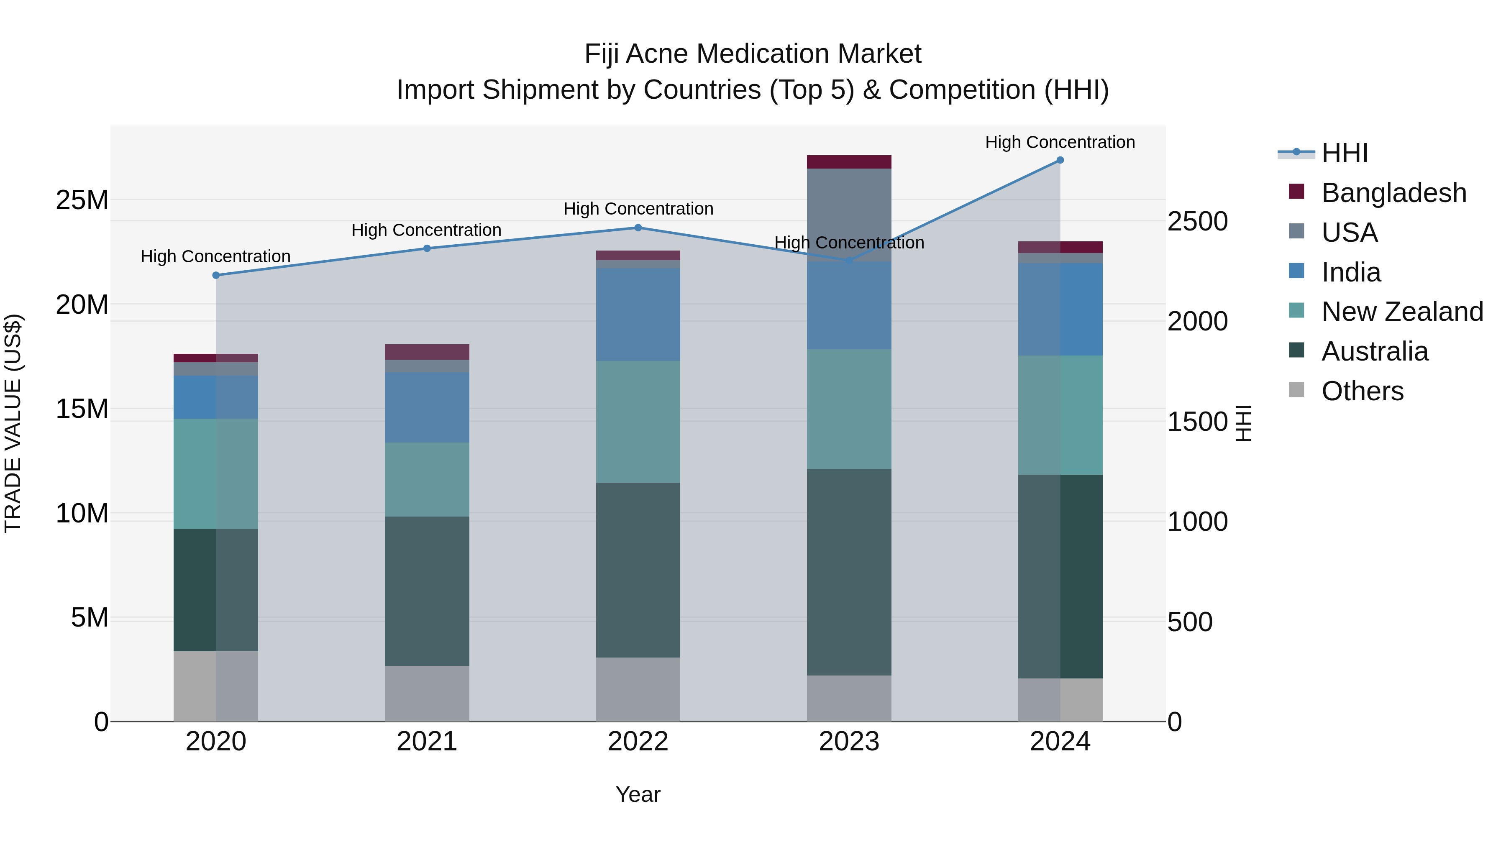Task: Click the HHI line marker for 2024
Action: (x=1060, y=160)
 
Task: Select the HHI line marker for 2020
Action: (x=216, y=275)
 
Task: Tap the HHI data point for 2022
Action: (x=638, y=228)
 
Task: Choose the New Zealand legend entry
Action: (x=1401, y=312)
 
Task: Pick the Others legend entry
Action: (x=1362, y=391)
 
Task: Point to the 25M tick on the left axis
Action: (x=82, y=200)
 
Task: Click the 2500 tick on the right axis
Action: (x=1197, y=222)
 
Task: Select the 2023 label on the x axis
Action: (x=849, y=742)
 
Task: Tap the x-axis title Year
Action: (x=638, y=794)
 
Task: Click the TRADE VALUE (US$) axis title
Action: (x=13, y=423)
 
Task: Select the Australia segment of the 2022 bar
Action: (x=638, y=570)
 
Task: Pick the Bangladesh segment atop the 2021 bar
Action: (x=427, y=352)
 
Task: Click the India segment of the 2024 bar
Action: (x=1060, y=309)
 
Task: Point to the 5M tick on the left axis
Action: (x=90, y=618)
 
